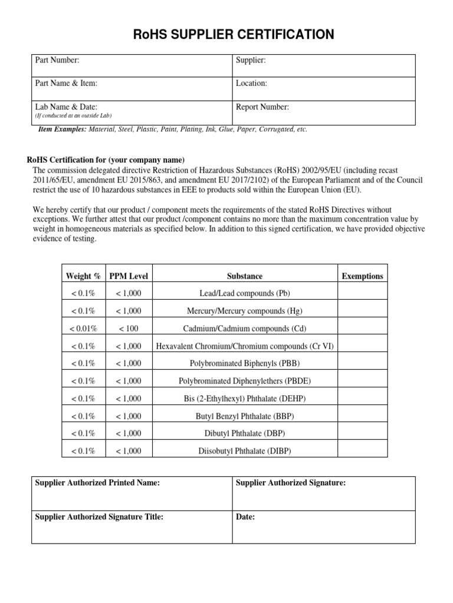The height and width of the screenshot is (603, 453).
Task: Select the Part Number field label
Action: click(57, 60)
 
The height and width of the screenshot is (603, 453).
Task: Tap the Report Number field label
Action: click(262, 107)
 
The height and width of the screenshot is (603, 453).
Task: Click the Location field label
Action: click(251, 84)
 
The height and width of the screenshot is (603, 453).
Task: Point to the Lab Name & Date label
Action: click(66, 107)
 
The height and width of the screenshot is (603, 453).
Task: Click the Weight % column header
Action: click(83, 276)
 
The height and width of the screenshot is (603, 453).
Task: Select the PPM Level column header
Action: click(129, 276)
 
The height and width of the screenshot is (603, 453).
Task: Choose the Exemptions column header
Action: click(362, 276)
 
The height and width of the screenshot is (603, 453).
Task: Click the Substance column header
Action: click(245, 276)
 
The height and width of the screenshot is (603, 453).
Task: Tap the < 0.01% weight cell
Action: click(83, 329)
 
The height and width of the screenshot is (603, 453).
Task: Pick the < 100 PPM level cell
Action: click(129, 329)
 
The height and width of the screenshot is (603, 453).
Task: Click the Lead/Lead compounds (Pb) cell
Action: click(245, 293)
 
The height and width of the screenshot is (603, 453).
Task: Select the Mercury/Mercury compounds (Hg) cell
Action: click(245, 311)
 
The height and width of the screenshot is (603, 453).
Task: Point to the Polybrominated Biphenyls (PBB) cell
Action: click(245, 363)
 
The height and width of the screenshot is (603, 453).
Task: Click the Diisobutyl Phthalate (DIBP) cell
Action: click(245, 452)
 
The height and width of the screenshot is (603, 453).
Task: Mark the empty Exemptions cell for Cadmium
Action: click(362, 329)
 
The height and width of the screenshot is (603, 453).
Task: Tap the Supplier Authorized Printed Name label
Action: click(97, 483)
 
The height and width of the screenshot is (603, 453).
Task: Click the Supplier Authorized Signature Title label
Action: click(99, 517)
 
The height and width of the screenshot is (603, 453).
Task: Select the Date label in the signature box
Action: click(245, 517)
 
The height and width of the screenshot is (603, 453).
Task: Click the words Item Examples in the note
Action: click(62, 130)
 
